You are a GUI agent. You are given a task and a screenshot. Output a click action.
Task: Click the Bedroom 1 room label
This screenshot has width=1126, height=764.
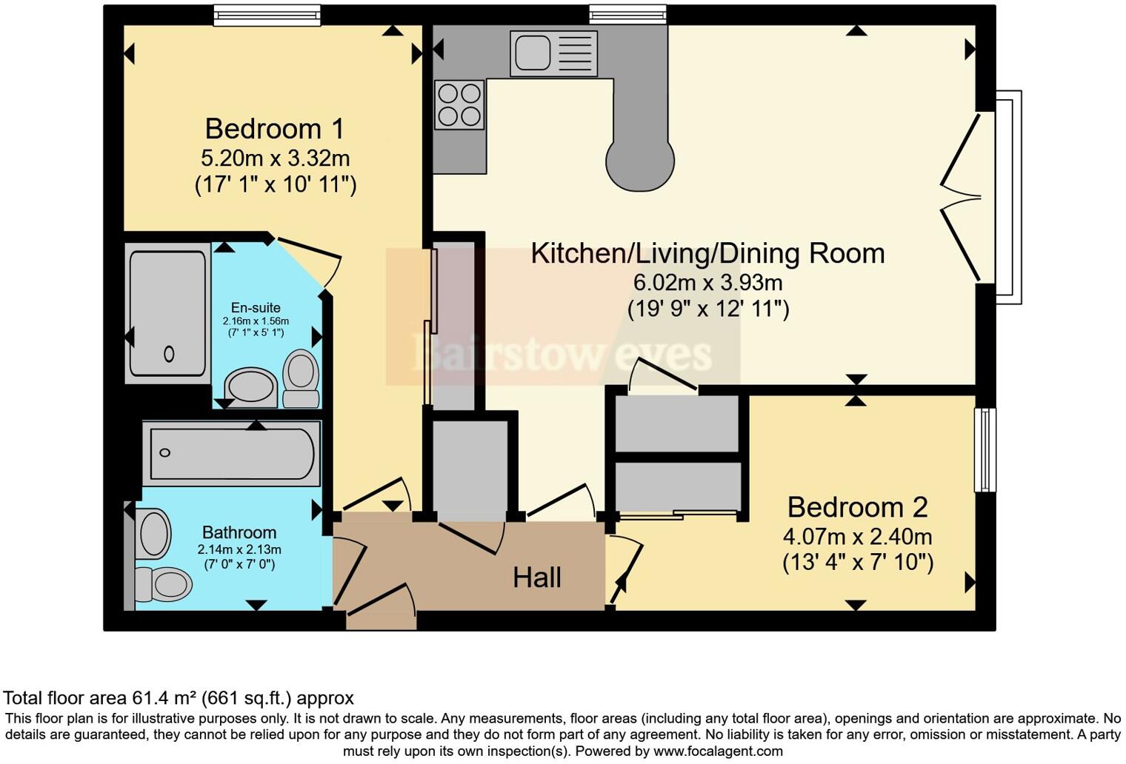(275, 129)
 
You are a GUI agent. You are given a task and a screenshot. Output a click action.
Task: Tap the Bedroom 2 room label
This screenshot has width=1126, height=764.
(857, 507)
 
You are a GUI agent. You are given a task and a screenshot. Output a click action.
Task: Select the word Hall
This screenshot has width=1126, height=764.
(537, 577)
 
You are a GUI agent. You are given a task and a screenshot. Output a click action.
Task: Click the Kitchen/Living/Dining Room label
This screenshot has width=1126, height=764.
(707, 253)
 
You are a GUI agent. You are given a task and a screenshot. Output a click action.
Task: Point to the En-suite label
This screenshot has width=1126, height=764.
(256, 308)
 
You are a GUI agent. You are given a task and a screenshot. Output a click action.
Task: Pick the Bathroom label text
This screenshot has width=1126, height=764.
(239, 532)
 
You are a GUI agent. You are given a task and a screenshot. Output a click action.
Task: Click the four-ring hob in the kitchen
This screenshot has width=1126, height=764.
(459, 104)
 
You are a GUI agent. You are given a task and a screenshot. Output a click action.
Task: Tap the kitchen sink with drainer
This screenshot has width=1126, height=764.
(553, 53)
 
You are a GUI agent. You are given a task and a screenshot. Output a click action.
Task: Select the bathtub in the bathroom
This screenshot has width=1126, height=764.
(233, 453)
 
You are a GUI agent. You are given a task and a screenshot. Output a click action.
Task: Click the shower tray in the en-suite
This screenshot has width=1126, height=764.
(168, 313)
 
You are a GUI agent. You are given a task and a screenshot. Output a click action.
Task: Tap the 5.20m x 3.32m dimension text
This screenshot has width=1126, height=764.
(275, 158)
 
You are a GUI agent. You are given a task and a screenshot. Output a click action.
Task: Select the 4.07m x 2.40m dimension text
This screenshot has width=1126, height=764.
(857, 536)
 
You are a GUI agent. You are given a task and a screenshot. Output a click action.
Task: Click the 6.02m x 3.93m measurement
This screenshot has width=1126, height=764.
(707, 283)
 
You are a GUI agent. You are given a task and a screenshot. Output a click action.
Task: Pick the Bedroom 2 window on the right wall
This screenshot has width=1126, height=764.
(985, 449)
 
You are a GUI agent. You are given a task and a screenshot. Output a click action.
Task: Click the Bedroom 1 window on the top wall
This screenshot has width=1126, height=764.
(267, 15)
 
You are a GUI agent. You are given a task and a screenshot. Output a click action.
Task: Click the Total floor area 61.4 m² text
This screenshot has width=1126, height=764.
(179, 698)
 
